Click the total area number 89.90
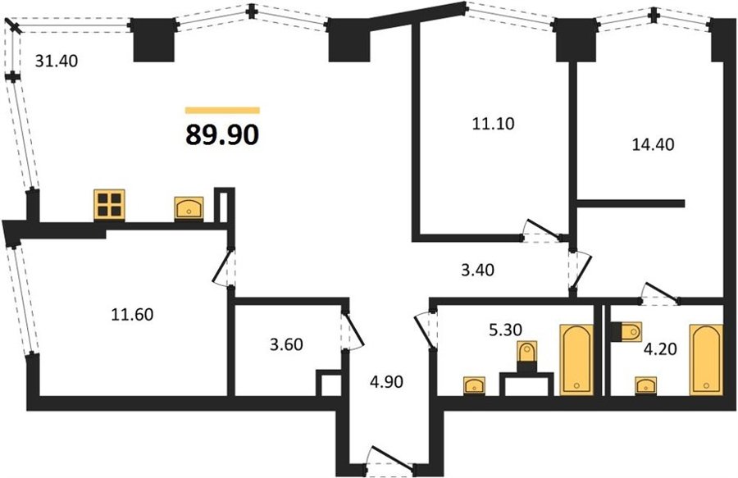(222, 134)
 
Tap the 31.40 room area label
(57, 61)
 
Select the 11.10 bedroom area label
(494, 123)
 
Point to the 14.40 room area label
(653, 144)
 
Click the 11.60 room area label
(132, 314)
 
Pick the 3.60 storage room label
(286, 344)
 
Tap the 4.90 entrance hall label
(386, 381)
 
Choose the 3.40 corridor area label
(478, 270)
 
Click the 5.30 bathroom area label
(505, 330)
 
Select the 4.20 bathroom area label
(660, 349)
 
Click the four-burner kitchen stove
(110, 204)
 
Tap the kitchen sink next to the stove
(189, 208)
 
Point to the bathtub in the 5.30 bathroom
(576, 360)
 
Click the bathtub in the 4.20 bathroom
(706, 359)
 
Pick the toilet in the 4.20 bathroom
(626, 331)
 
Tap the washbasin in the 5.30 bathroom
(475, 386)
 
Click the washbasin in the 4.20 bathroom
(647, 386)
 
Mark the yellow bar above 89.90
(222, 111)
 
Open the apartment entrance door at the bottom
(389, 458)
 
